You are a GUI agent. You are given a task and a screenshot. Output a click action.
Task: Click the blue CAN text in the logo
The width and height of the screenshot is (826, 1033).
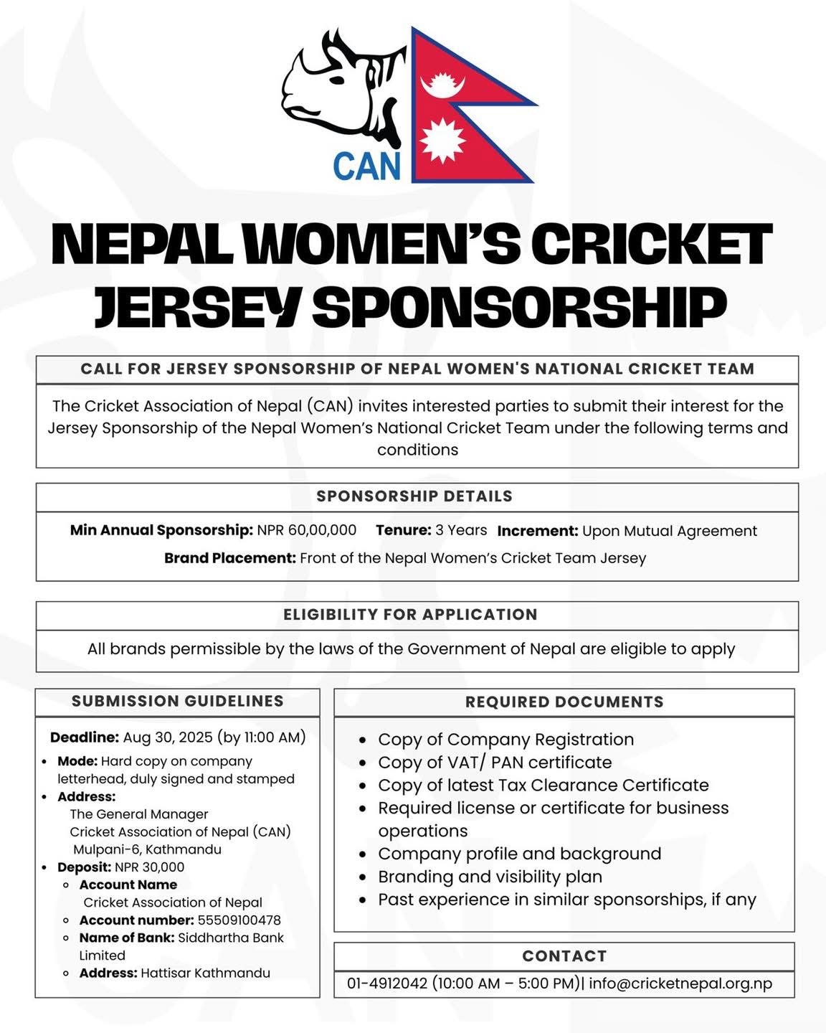366,164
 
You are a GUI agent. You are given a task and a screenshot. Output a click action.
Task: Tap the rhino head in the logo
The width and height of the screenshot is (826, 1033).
337,86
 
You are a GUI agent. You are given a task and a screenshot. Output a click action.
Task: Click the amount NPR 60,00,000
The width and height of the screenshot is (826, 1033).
307,530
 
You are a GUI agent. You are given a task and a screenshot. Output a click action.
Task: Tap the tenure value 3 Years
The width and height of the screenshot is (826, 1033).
461,530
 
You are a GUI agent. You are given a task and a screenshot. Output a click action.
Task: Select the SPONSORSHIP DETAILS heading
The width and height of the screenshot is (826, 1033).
414,496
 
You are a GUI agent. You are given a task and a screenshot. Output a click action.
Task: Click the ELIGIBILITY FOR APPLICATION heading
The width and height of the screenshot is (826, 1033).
410,615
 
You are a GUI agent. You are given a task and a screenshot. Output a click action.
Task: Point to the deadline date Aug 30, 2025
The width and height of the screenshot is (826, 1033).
168,737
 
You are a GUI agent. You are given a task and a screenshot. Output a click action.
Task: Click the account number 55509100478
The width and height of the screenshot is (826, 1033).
239,920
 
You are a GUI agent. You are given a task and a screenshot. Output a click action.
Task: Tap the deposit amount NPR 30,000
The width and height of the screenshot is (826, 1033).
149,867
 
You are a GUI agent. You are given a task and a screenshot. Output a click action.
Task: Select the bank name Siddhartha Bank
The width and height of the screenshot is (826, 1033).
230,938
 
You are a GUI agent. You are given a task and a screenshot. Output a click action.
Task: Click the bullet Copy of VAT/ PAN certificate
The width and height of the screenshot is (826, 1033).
495,762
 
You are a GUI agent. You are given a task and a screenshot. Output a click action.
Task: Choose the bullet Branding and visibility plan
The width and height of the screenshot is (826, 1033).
490,877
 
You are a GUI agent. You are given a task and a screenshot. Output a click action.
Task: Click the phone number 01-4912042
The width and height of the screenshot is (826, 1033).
387,983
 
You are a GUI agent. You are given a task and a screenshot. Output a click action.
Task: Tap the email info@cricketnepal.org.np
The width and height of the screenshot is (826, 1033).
680,983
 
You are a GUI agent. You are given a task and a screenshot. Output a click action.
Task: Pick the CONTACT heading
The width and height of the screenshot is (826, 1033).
564,956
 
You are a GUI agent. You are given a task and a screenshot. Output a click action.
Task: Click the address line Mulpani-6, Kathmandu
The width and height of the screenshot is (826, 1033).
147,849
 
